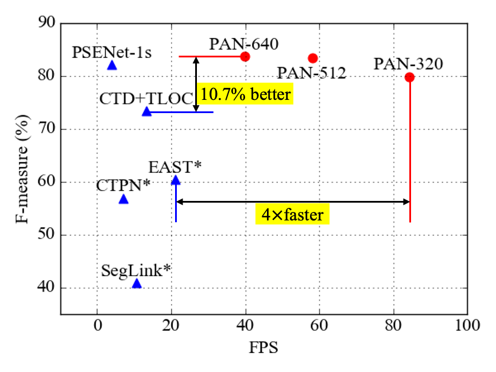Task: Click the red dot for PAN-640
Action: [245, 56]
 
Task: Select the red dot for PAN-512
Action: [313, 58]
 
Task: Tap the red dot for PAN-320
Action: [409, 77]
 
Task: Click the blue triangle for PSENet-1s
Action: [112, 65]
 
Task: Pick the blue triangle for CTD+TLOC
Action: [147, 111]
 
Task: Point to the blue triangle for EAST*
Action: [176, 180]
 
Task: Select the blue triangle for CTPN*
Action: [123, 199]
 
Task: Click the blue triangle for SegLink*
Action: [137, 284]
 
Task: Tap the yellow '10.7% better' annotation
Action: [246, 94]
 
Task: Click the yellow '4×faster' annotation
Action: [293, 215]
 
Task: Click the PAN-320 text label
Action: [408, 63]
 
